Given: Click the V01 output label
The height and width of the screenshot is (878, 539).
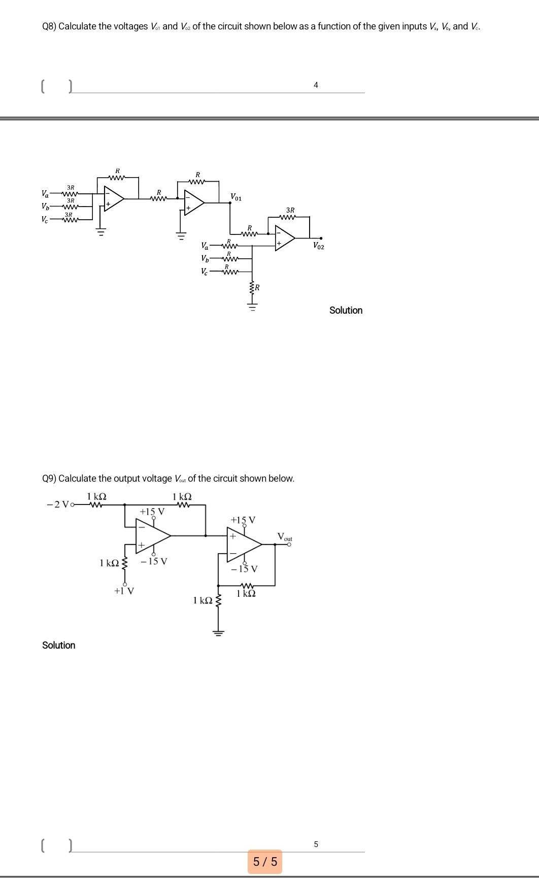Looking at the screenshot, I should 236,196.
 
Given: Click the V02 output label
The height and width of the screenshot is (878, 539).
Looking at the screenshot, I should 319,246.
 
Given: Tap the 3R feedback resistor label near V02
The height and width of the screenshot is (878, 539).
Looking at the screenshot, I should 290,210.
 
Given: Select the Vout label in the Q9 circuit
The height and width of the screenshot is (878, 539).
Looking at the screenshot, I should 285,536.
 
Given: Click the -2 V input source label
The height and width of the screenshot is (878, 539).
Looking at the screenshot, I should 57,504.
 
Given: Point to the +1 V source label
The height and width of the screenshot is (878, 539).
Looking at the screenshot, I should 124,591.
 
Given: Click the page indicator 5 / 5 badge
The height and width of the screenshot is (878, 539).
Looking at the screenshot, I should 265,861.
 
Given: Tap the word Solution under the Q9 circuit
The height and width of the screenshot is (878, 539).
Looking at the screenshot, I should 59,645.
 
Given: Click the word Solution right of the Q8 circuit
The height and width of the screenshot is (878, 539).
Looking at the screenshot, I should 346,310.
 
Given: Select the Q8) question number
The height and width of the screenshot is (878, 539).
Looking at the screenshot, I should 49,26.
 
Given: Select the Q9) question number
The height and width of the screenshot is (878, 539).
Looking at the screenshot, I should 49,479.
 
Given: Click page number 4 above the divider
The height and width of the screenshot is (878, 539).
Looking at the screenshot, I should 316,85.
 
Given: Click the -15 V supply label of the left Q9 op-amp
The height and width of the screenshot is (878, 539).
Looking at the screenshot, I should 154,561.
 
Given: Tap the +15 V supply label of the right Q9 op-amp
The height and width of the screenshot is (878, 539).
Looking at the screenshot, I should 243,520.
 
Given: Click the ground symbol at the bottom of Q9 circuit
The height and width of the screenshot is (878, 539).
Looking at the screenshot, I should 219,632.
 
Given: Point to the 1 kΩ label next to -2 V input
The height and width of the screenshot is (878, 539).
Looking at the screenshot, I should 96,496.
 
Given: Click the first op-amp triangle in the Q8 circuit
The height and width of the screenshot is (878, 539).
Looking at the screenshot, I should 113,198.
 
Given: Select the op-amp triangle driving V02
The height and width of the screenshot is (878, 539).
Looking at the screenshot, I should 284,237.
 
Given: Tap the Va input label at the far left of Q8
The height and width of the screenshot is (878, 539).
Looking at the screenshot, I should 45,193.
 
